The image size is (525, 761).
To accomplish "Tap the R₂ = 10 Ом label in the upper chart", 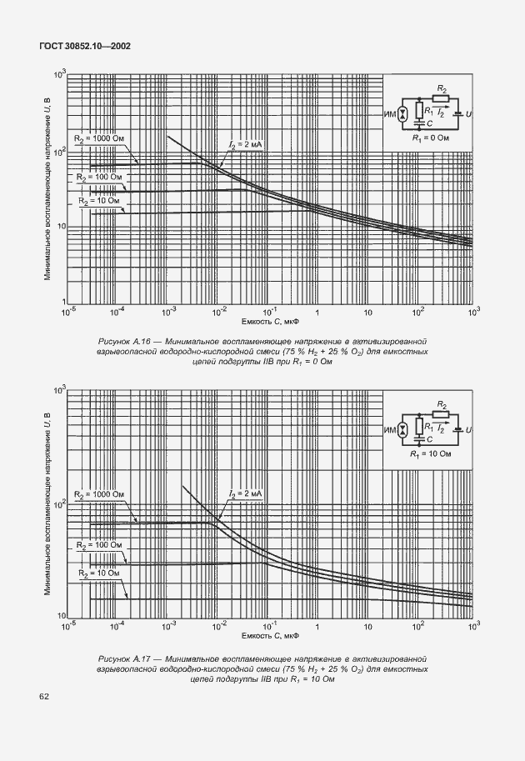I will click(99, 201).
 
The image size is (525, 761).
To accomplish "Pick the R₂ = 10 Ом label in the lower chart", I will click(99, 573).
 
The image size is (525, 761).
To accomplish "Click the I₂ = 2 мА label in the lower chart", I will click(246, 494).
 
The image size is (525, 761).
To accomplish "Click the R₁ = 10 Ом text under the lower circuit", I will click(430, 454).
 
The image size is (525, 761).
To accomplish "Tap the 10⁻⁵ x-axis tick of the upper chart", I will click(70, 310).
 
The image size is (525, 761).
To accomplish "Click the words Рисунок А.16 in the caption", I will click(125, 341).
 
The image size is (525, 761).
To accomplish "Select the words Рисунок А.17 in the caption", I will click(125, 658).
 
